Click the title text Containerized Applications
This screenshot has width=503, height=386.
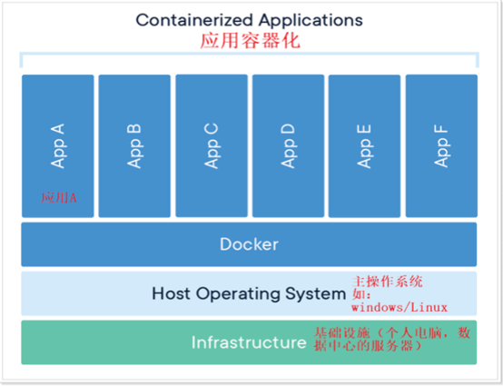[248, 19]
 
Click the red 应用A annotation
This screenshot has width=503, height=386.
[59, 197]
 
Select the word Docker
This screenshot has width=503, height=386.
[249, 244]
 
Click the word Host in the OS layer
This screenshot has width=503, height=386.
[171, 293]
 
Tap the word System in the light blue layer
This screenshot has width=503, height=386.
[319, 293]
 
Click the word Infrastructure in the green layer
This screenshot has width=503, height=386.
[248, 342]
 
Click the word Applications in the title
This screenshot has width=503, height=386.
[301, 19]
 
